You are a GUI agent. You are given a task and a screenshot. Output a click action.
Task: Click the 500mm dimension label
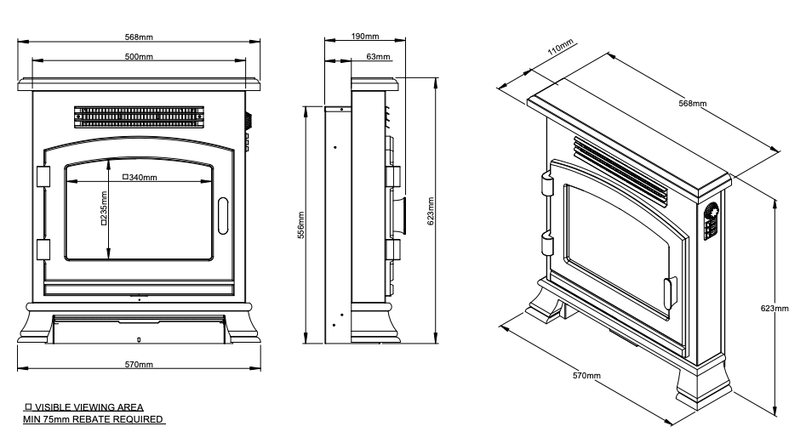point(140,56)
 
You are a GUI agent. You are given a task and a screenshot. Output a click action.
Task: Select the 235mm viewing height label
point(102,213)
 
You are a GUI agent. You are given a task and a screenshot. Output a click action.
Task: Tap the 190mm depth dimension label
point(365,37)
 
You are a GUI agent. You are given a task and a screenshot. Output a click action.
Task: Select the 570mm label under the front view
point(140,364)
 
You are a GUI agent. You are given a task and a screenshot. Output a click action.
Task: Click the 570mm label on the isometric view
point(586,375)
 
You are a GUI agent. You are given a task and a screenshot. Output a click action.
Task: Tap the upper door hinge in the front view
point(43,175)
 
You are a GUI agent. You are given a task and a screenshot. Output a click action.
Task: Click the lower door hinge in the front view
point(43,248)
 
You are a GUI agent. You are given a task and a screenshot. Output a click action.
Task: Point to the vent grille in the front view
point(140,115)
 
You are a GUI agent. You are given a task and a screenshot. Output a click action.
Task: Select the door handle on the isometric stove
point(669,292)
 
